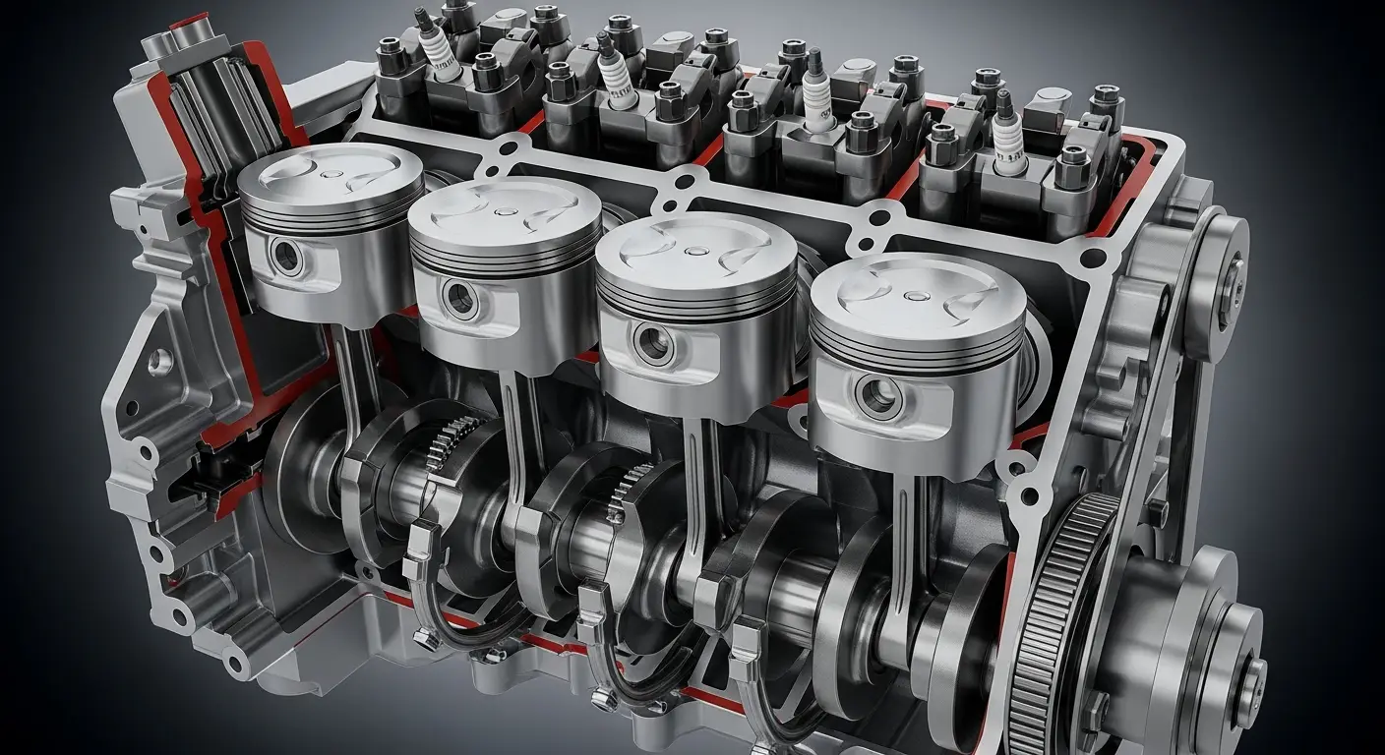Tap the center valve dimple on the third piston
[x=695, y=250]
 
